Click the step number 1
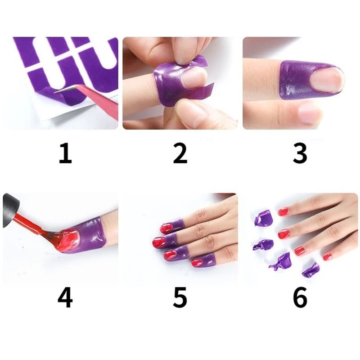pos(66,153)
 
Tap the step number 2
pos(180,153)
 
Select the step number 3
pos(300,153)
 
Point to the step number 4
pos(65,297)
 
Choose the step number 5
pos(180,297)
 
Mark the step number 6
pos(300,297)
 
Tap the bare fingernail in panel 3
pos(325,81)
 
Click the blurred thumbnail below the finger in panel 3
pos(309,112)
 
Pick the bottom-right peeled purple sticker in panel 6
pos(310,270)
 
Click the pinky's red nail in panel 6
pos(328,256)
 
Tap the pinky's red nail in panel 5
pos(197,262)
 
